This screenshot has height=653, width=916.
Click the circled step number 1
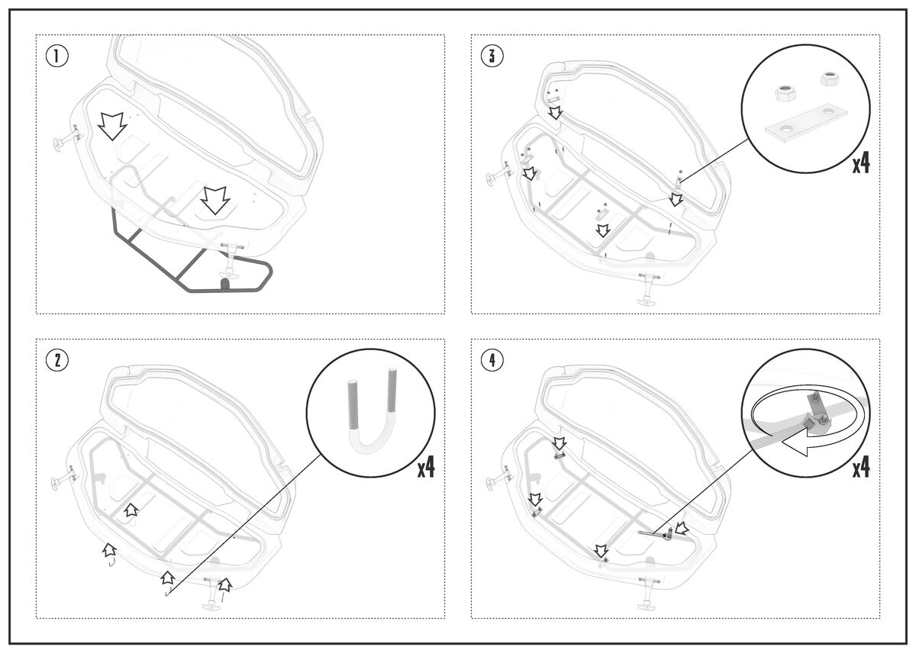pos(56,56)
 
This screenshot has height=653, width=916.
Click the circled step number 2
pos(56,360)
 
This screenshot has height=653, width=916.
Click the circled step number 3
pos(492,56)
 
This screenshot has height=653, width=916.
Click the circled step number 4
pos(492,360)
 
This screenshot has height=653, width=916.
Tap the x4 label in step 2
pos(426,468)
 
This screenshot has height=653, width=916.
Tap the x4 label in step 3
pos(861,164)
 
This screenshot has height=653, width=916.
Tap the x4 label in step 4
pos(861,468)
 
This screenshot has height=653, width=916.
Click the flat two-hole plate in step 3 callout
pos(806,123)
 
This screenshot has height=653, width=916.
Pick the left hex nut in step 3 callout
pos(785,93)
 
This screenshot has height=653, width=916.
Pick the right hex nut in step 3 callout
pos(831,79)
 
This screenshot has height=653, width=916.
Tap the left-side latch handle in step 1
pos(66,139)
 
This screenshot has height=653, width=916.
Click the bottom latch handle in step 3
pos(649,289)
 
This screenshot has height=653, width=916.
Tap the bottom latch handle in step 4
pos(649,593)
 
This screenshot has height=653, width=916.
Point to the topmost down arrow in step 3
pos(555,112)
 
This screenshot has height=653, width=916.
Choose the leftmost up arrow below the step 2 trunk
pos(109,549)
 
